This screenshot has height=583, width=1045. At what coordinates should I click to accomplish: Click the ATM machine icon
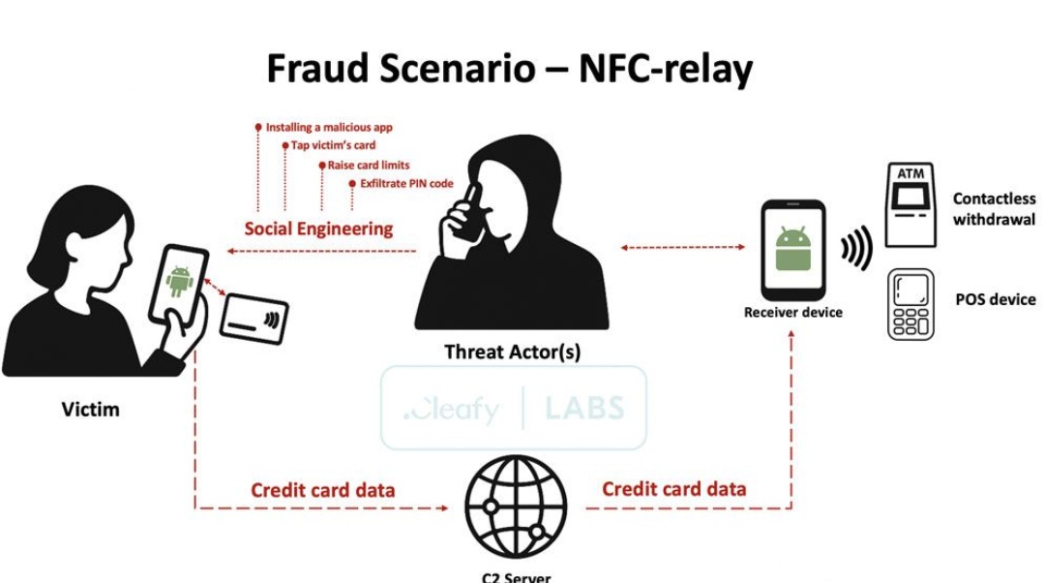(911, 204)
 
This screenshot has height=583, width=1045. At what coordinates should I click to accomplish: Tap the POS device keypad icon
(911, 304)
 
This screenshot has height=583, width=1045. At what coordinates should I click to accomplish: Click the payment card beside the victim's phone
(254, 319)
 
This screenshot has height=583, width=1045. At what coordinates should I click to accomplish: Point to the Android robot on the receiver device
(793, 248)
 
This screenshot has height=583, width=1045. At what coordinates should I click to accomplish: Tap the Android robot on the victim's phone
(179, 281)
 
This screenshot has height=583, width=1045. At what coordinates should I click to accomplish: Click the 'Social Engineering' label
(318, 229)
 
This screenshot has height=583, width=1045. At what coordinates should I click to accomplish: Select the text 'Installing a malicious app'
(329, 128)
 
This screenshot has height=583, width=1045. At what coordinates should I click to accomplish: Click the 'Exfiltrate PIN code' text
(406, 183)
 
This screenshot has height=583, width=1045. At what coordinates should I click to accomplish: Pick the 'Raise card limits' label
(369, 166)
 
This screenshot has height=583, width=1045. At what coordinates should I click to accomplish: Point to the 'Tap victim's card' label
(333, 145)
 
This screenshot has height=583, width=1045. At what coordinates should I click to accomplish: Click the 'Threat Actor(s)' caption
(513, 352)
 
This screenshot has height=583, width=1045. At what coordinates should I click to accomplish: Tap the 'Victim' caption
(91, 409)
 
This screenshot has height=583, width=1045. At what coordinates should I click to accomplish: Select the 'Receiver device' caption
(793, 312)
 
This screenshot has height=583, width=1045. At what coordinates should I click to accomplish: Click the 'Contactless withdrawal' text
(994, 209)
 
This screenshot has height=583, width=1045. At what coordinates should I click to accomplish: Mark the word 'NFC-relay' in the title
(666, 69)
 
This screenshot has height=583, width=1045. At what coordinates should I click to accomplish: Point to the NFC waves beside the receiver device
(856, 248)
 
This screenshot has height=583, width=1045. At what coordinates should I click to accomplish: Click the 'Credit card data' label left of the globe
(322, 490)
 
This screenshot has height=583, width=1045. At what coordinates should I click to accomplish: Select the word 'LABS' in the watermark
(584, 408)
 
